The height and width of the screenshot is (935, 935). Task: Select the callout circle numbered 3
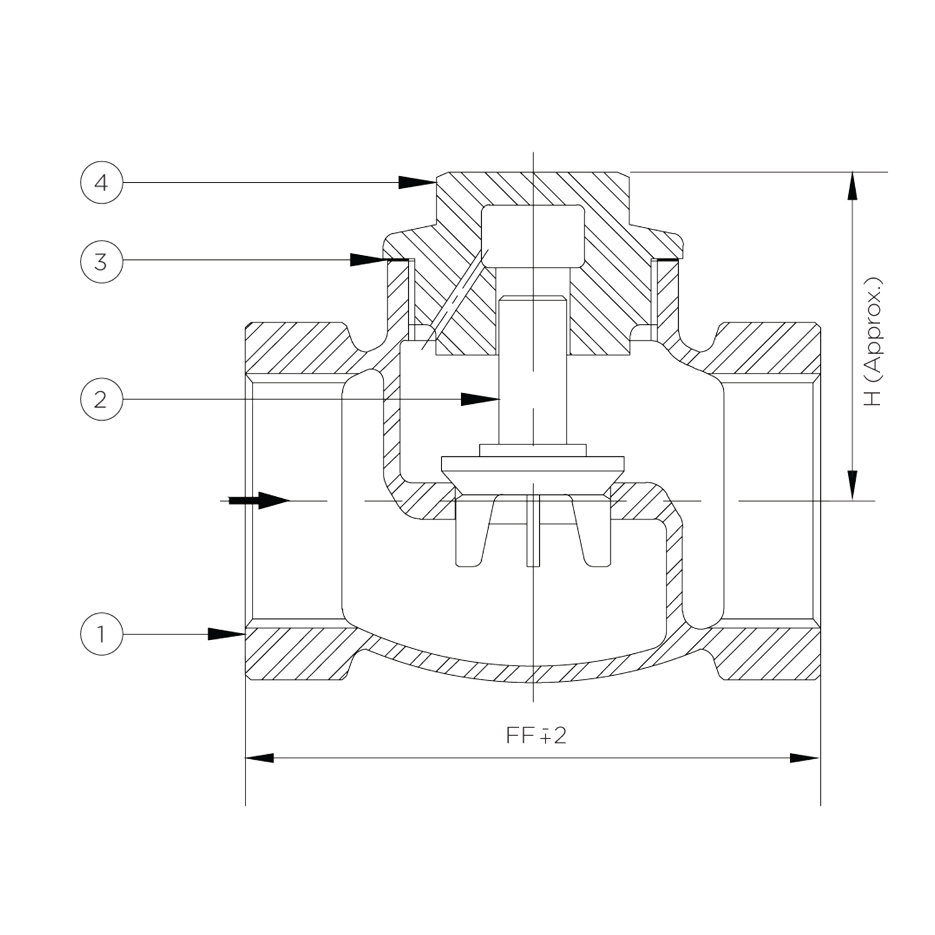click(101, 261)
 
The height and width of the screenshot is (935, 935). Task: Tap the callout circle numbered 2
click(101, 400)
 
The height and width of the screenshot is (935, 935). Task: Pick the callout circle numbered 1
click(101, 635)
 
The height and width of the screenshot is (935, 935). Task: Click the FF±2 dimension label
click(536, 736)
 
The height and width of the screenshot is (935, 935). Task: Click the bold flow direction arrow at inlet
click(259, 500)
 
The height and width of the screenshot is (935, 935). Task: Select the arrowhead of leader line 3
click(368, 260)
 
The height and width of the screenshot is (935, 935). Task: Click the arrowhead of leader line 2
click(480, 399)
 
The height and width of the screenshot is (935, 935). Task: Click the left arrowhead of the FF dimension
click(259, 758)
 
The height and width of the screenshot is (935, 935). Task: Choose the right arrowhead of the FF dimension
click(805, 758)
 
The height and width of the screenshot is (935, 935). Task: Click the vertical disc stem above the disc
click(533, 370)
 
